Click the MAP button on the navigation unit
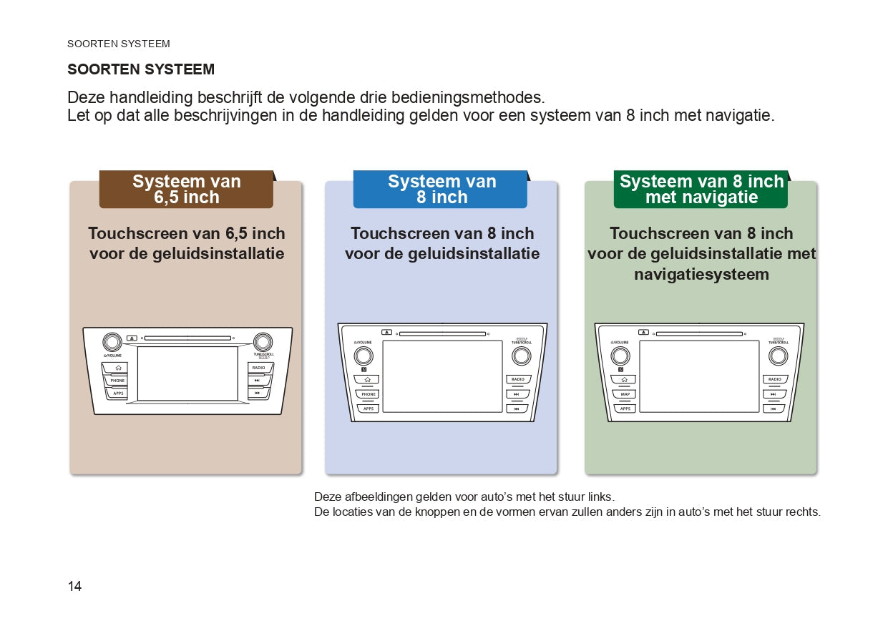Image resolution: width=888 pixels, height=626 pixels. click(x=625, y=394)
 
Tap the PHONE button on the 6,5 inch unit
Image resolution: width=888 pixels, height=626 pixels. click(x=117, y=381)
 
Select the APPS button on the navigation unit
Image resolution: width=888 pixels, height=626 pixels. click(x=625, y=409)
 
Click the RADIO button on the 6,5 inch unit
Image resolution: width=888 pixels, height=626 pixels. click(x=258, y=368)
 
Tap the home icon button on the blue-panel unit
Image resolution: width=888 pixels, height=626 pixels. click(x=368, y=379)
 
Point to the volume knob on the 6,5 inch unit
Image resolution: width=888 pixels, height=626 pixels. click(x=112, y=341)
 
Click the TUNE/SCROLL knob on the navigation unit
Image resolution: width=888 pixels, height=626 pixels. click(x=778, y=356)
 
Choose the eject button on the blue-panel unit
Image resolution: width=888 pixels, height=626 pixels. click(x=387, y=332)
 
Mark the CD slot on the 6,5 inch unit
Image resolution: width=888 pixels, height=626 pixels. click(x=187, y=338)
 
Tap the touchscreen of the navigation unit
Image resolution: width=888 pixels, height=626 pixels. click(x=699, y=376)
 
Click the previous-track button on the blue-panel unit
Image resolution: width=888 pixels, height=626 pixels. click(x=517, y=409)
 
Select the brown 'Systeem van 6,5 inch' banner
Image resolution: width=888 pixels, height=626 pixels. click(x=186, y=190)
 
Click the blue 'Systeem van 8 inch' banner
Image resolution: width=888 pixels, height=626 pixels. click(x=441, y=190)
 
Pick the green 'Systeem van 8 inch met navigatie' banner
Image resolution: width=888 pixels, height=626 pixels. click(x=701, y=190)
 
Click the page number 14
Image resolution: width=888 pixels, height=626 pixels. click(x=74, y=587)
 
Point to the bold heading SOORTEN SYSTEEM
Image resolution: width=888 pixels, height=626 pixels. click(x=141, y=69)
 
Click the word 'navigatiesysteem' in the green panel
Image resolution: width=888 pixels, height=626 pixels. click(x=701, y=274)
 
